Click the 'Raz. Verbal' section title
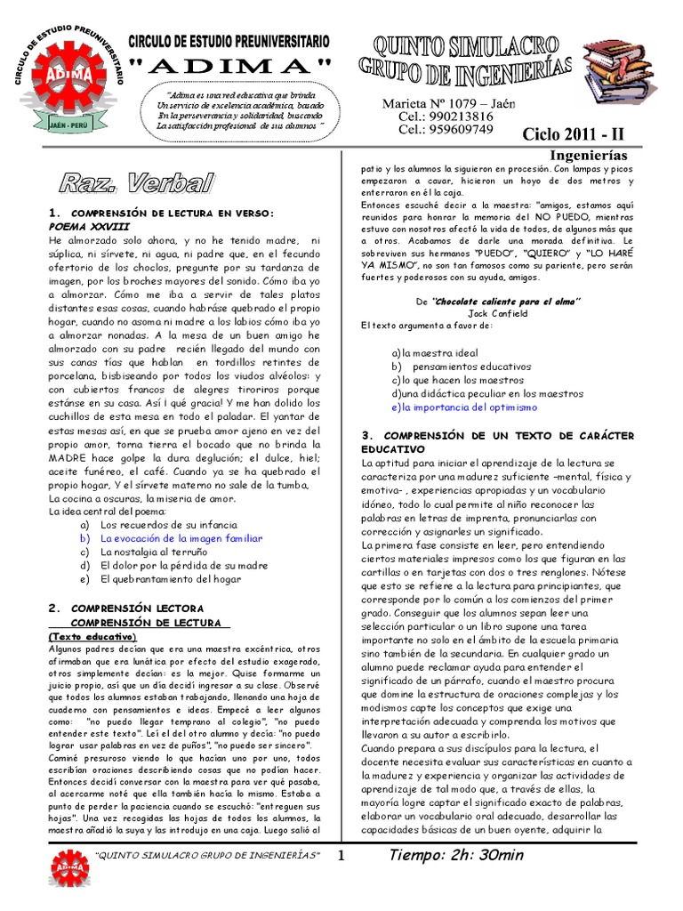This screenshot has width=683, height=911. [137, 184]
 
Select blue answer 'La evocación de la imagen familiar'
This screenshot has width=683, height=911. [181, 538]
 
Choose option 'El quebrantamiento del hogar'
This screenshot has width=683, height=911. [172, 579]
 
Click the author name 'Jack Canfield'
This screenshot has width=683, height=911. [497, 313]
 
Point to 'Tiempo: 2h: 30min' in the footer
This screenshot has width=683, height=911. [456, 856]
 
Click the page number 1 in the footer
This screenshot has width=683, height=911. [340, 857]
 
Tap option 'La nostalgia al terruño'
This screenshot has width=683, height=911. [154, 552]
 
